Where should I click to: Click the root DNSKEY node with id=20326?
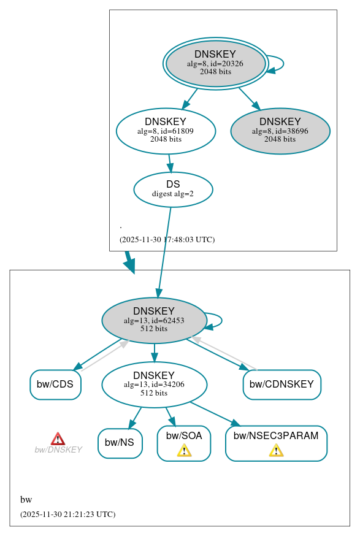tap(215, 63)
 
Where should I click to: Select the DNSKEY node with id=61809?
tap(166, 131)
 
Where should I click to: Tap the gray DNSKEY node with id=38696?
tap(280, 131)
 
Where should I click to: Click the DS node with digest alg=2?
tap(173, 189)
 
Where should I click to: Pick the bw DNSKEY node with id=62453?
tap(154, 320)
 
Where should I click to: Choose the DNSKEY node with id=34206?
tap(154, 385)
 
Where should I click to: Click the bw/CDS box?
tap(55, 385)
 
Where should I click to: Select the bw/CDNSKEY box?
tap(282, 385)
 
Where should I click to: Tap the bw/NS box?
tap(120, 443)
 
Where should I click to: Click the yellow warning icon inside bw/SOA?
tap(184, 451)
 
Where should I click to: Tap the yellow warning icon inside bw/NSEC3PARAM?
tap(276, 451)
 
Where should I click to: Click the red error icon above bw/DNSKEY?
tap(58, 438)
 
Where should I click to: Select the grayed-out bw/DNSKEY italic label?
tap(58, 450)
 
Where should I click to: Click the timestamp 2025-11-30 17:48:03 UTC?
tap(167, 240)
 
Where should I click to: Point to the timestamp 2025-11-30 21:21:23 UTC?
tap(67, 515)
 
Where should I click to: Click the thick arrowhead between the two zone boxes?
tap(129, 265)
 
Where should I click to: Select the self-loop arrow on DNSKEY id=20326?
tap(280, 63)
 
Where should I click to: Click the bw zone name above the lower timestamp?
tap(26, 500)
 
